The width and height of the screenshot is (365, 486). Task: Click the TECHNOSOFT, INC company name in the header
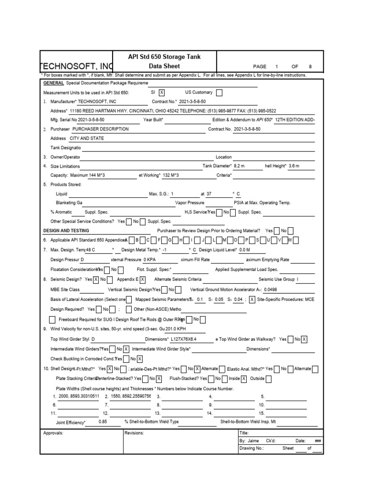(x=77, y=66)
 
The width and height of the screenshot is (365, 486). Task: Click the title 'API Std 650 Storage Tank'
(x=164, y=57)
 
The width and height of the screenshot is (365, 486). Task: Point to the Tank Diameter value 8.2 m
(x=239, y=166)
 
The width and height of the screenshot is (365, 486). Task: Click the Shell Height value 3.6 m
(x=294, y=166)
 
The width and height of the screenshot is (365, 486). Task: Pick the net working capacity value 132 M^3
(x=171, y=175)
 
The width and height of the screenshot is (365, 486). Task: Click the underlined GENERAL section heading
(x=53, y=83)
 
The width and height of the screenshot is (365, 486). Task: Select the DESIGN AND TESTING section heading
(x=66, y=230)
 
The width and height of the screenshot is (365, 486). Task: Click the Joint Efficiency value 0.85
(x=103, y=421)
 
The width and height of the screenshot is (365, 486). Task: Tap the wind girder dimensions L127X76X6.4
(x=183, y=339)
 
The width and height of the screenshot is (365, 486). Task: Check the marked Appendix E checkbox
(x=143, y=280)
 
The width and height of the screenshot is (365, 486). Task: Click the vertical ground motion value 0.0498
(x=270, y=290)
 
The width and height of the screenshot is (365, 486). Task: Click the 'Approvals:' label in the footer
(x=53, y=433)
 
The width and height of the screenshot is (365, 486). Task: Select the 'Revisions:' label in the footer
(x=134, y=433)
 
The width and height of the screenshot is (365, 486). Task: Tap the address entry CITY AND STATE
(x=86, y=139)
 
